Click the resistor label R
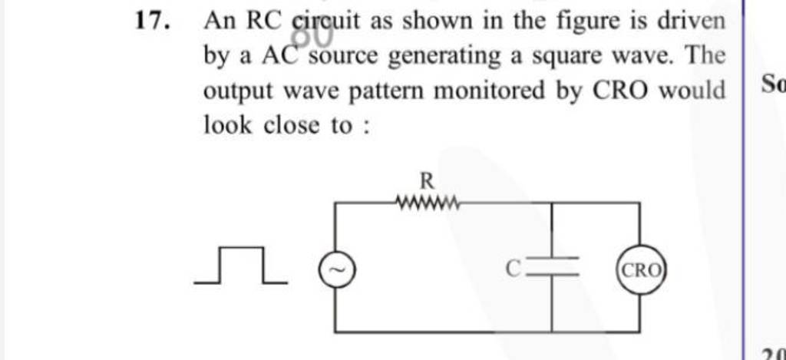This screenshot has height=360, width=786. [428, 181]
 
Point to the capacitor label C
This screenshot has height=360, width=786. [514, 267]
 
